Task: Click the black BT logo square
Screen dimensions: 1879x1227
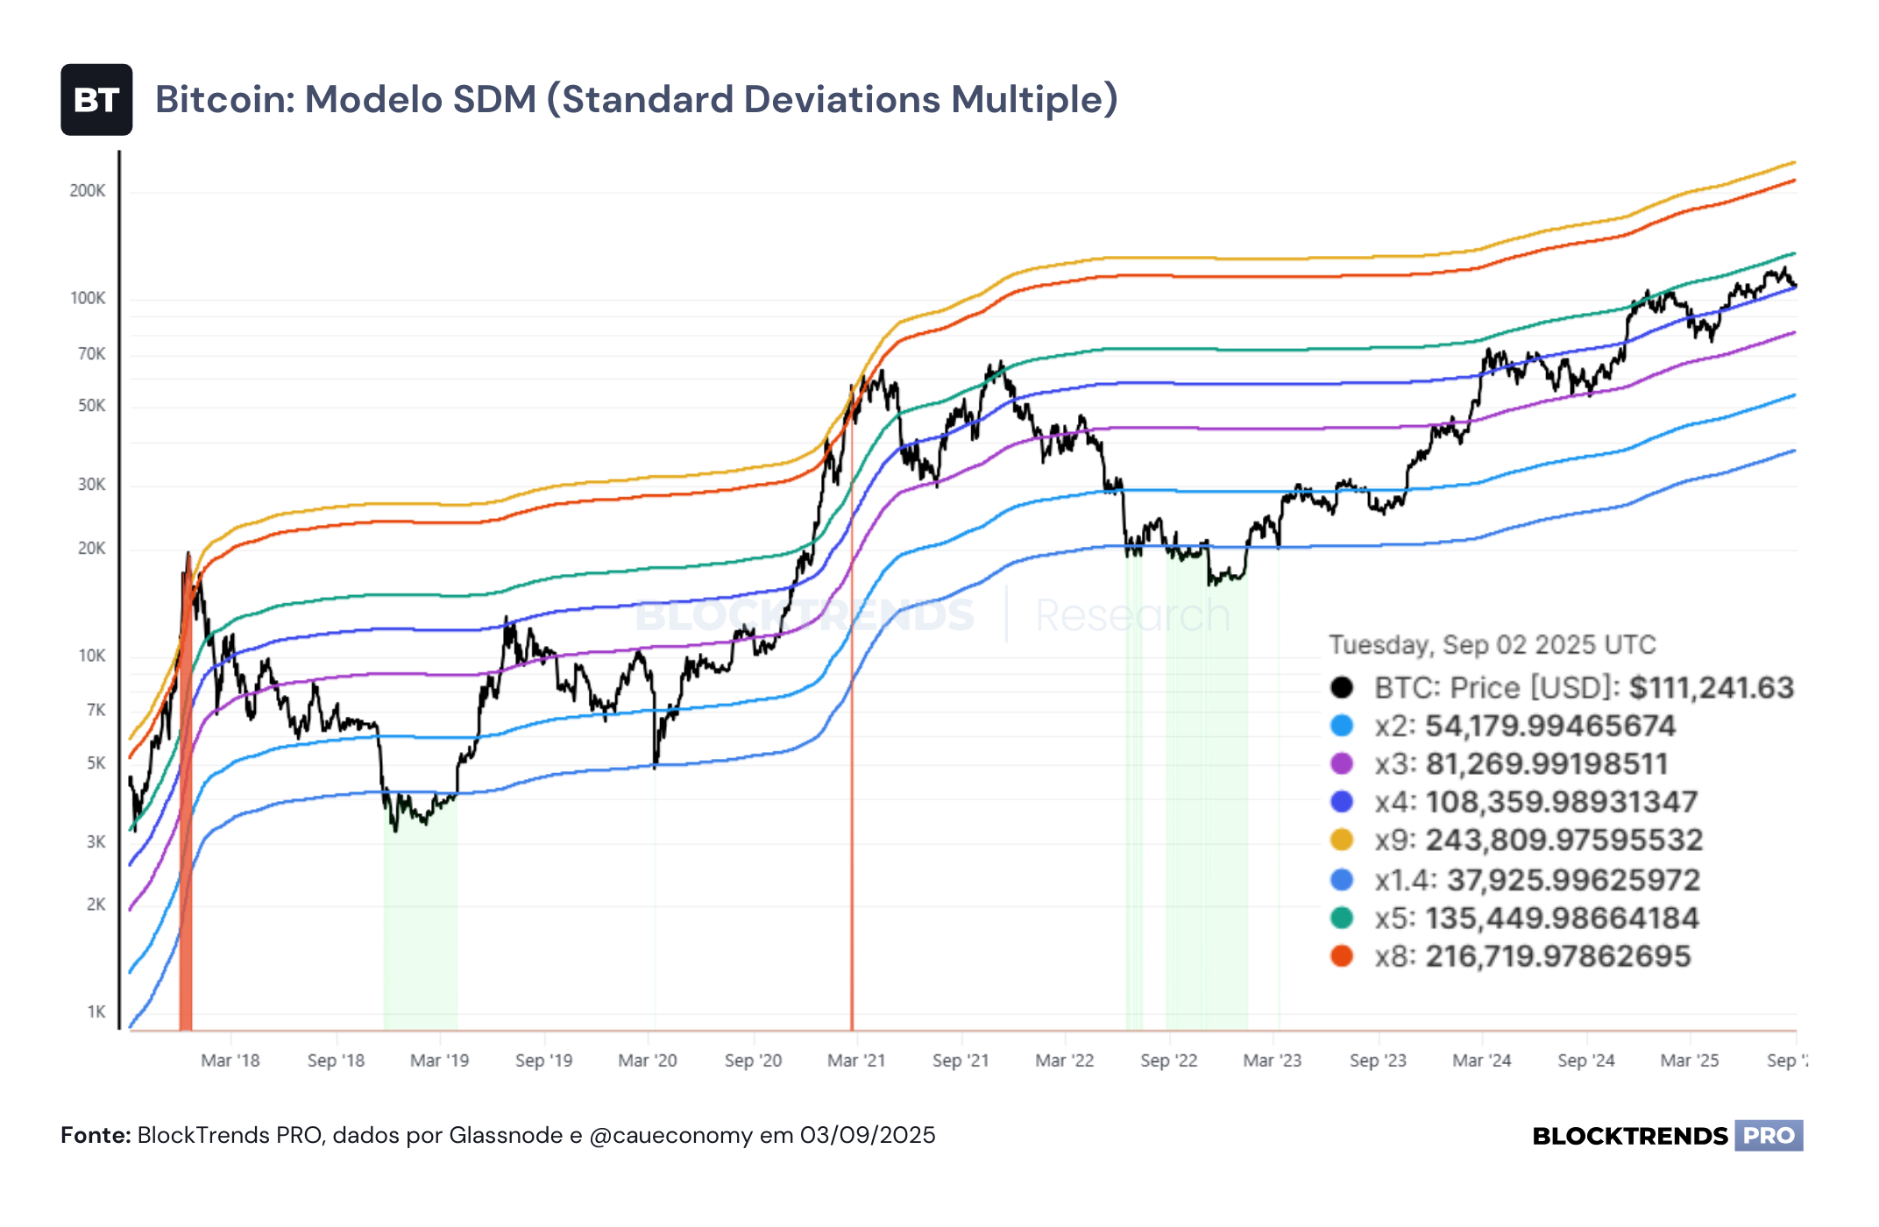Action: [96, 100]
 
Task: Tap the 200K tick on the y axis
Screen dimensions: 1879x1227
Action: [88, 191]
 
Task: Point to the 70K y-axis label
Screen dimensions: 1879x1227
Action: [91, 354]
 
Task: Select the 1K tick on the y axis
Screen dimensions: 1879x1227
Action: [96, 1012]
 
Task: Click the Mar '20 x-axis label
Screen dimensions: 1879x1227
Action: [648, 1060]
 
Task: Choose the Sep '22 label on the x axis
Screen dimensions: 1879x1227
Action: [1169, 1060]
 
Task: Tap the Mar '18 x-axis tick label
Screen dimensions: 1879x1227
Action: [230, 1060]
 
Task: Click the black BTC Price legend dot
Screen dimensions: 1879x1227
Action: [1342, 687]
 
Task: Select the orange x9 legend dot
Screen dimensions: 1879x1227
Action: [1342, 840]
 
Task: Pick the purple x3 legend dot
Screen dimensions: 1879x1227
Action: [1342, 763]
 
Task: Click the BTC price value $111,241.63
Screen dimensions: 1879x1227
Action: [1712, 688]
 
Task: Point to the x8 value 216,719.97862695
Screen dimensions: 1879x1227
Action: [1558, 956]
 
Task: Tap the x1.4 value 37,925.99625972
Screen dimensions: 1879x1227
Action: [1574, 880]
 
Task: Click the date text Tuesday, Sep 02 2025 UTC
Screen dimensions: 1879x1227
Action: [1493, 645]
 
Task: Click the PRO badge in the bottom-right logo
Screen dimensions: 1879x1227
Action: [1769, 1136]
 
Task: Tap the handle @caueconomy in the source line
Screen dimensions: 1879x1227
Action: [671, 1136]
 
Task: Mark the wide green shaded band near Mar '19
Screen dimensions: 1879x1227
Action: [421, 911]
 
